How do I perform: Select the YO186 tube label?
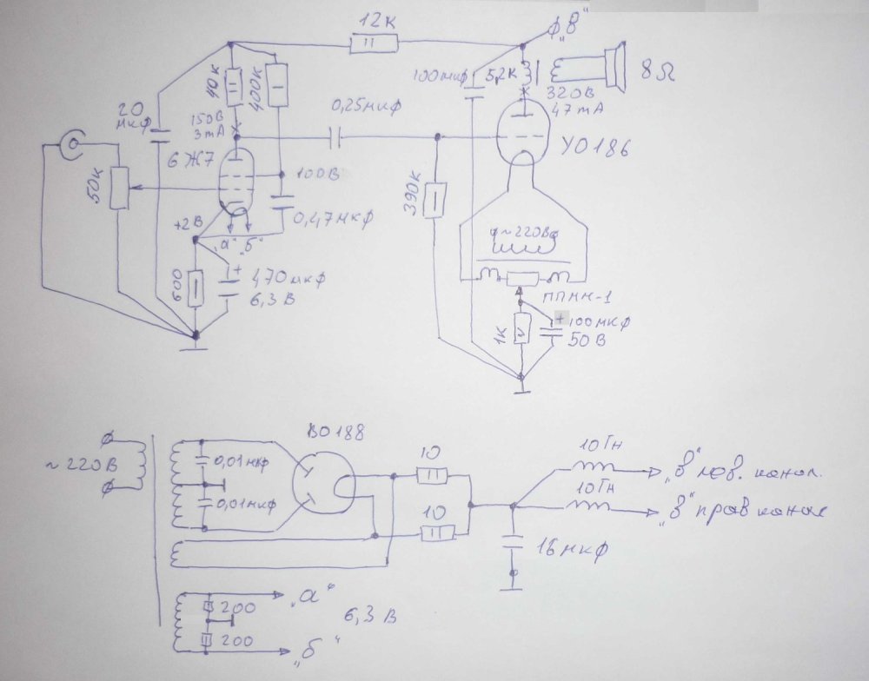(x=594, y=149)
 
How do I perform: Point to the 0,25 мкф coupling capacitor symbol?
(x=336, y=136)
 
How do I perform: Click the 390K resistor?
(x=438, y=196)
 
